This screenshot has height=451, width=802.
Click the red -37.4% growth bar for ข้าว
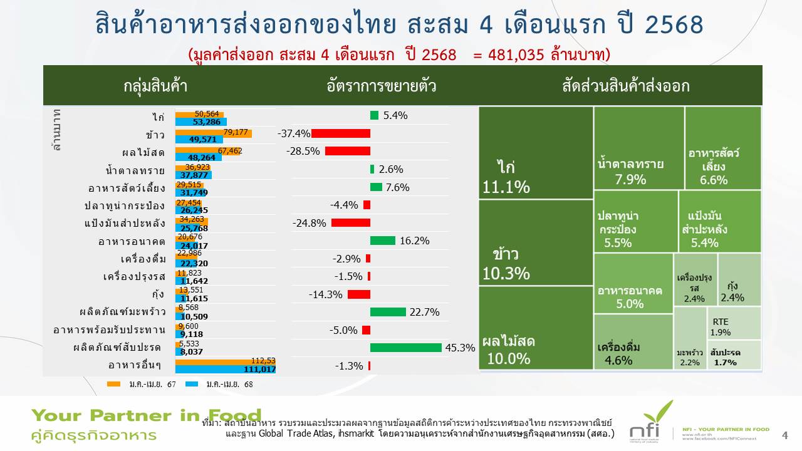(341, 133)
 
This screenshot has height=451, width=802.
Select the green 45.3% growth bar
(406, 348)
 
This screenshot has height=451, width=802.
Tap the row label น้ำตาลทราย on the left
(135, 170)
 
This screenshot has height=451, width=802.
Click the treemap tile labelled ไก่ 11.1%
(536, 153)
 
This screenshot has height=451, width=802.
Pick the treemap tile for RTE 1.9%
(734, 323)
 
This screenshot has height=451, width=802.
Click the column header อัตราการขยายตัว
(382, 86)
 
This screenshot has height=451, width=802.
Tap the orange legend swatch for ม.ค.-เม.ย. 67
(114, 384)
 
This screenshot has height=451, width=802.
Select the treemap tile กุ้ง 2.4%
(739, 279)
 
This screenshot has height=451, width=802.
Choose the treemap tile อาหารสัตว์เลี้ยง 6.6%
(723, 148)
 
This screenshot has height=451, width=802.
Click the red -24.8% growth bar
(351, 223)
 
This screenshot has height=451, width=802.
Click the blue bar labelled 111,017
(226, 370)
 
